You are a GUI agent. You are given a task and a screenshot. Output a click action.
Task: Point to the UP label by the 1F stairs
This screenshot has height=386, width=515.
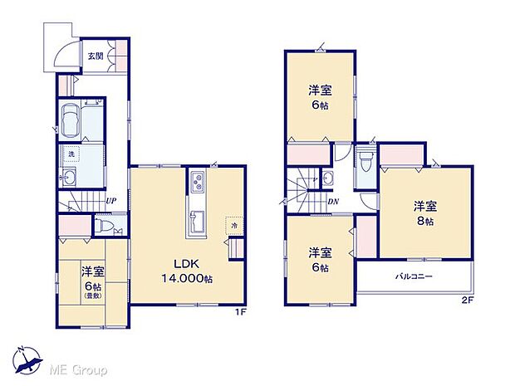[110, 200]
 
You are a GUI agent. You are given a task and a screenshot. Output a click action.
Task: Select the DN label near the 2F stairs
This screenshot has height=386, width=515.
[332, 200]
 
